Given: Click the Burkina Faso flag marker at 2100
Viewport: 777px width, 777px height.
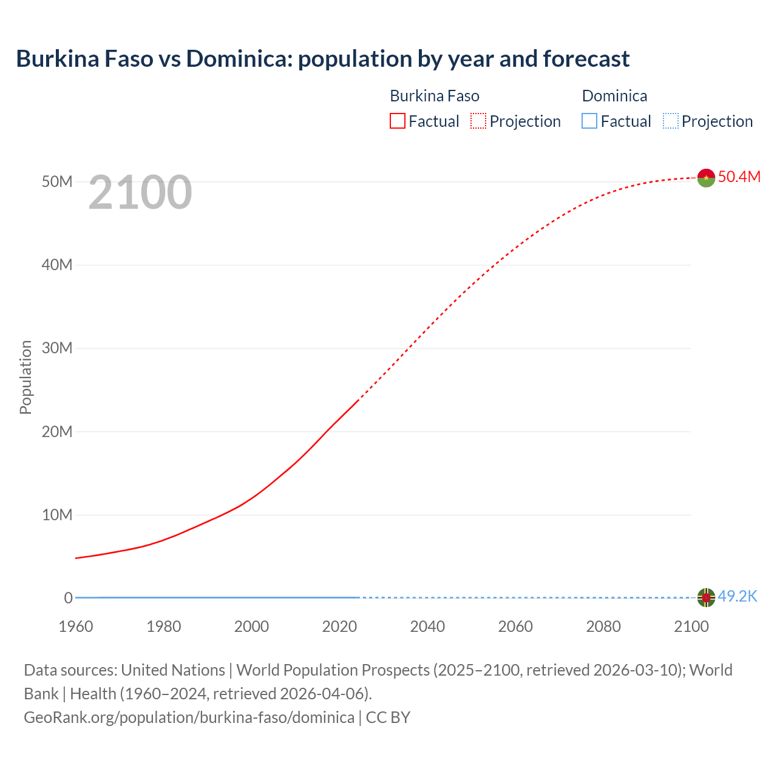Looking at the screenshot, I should (706, 178).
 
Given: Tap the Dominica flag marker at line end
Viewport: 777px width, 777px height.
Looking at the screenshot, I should (706, 597).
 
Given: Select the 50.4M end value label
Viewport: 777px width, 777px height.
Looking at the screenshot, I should (739, 177).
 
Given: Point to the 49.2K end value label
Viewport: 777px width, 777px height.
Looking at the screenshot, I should (738, 597).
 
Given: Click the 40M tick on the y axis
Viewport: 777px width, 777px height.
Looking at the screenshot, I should (57, 265).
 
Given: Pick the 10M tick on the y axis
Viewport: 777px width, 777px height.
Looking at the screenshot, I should (57, 515).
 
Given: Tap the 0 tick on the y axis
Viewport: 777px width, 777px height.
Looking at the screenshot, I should (69, 598).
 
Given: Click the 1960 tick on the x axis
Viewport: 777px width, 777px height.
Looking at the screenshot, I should (76, 626).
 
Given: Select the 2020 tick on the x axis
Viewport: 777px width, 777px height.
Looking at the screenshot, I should (339, 626).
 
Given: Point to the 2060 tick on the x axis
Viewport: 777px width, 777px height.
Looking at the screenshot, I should (515, 626).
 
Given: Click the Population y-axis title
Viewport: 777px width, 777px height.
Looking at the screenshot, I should (25, 377).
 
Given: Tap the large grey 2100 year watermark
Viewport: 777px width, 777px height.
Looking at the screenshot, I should (140, 192).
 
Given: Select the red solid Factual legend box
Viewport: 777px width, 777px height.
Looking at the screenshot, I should (398, 121).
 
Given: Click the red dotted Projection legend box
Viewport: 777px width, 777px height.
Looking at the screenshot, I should (478, 121).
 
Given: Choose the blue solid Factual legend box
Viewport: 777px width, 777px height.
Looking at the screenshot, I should (589, 121).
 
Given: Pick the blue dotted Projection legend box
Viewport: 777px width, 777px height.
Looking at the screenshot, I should (671, 121).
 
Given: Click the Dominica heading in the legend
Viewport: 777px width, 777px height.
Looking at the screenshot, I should (614, 96).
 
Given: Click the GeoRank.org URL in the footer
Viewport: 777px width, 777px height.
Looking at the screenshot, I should (189, 718).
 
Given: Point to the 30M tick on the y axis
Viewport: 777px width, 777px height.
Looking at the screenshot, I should (57, 348).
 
